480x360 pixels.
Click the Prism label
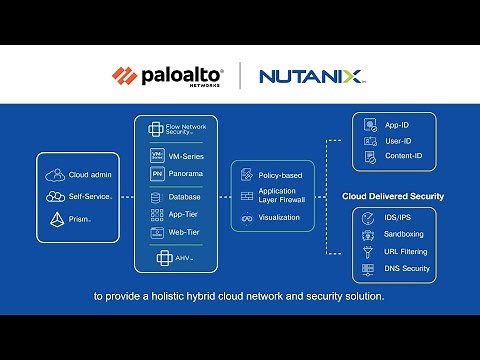click(80, 218)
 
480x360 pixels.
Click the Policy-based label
click(280, 175)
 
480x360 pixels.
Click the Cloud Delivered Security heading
click(393, 197)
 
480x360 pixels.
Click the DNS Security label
click(408, 269)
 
